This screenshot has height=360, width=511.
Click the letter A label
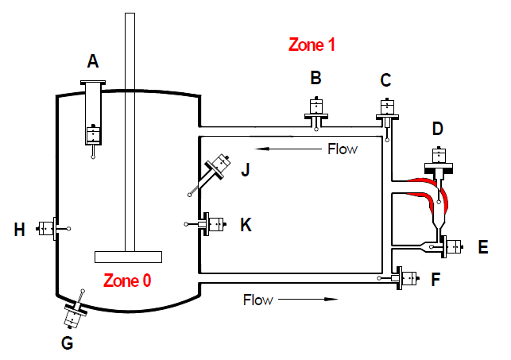pos(93,61)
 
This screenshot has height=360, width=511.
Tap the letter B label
pos(316,78)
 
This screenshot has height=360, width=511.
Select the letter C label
pos(386,79)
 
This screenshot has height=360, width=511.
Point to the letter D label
pos(437,130)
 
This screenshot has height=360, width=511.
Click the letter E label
pos(482,247)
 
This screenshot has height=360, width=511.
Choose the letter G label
pos(67,343)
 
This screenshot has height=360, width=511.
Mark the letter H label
pos(20,230)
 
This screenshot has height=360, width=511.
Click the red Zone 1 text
pos(312,45)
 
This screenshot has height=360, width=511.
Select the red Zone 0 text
pos(127,280)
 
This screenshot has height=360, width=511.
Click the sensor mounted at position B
pos(316,110)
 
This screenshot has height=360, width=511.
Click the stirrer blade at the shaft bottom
pos(128,257)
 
